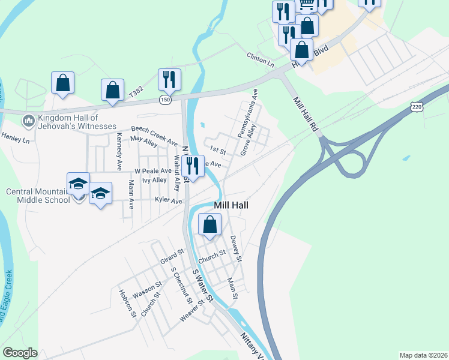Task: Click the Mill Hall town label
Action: pyautogui.click(x=232, y=205)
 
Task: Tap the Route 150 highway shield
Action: pyautogui.click(x=165, y=99)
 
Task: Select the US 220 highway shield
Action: pyautogui.click(x=416, y=106)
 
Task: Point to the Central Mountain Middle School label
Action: pyautogui.click(x=37, y=196)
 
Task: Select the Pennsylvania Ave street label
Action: pyautogui.click(x=247, y=113)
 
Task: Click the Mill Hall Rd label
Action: pyautogui.click(x=306, y=114)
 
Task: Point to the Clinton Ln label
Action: pyautogui.click(x=260, y=59)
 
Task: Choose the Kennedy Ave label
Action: pyautogui.click(x=119, y=154)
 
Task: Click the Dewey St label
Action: pyautogui.click(x=235, y=249)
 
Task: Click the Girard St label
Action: pyautogui.click(x=172, y=257)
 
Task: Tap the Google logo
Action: pyautogui.click(x=20, y=352)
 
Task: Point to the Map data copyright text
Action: pyautogui.click(x=423, y=355)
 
